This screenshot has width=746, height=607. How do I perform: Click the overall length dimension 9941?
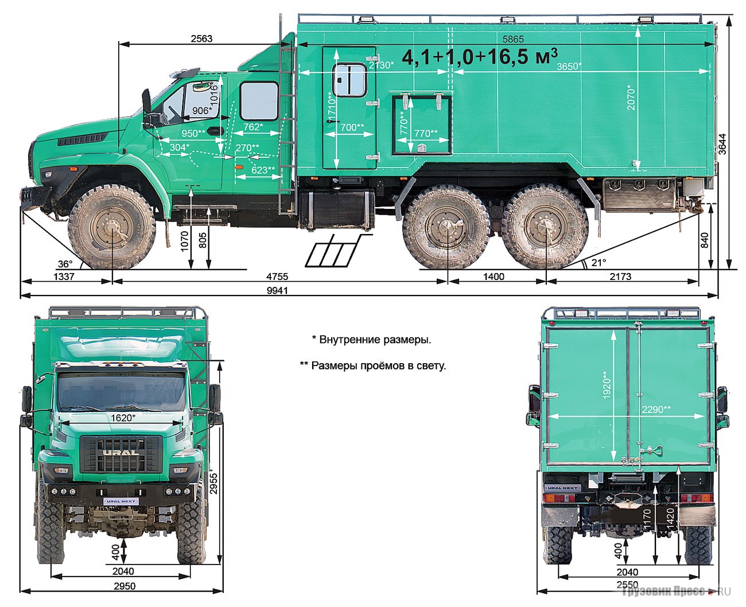(x=277, y=290)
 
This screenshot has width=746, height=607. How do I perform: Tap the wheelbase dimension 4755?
(x=277, y=277)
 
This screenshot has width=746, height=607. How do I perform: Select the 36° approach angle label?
(x=65, y=263)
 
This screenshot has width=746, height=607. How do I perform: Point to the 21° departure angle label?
(x=599, y=262)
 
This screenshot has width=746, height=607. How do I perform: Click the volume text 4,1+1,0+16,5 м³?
(x=480, y=57)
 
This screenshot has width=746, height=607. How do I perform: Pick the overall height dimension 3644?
(x=722, y=144)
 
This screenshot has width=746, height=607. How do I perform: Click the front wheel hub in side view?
(x=112, y=229)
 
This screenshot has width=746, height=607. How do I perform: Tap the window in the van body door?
(x=349, y=80)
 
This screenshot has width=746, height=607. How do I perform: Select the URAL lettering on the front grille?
(x=121, y=452)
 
